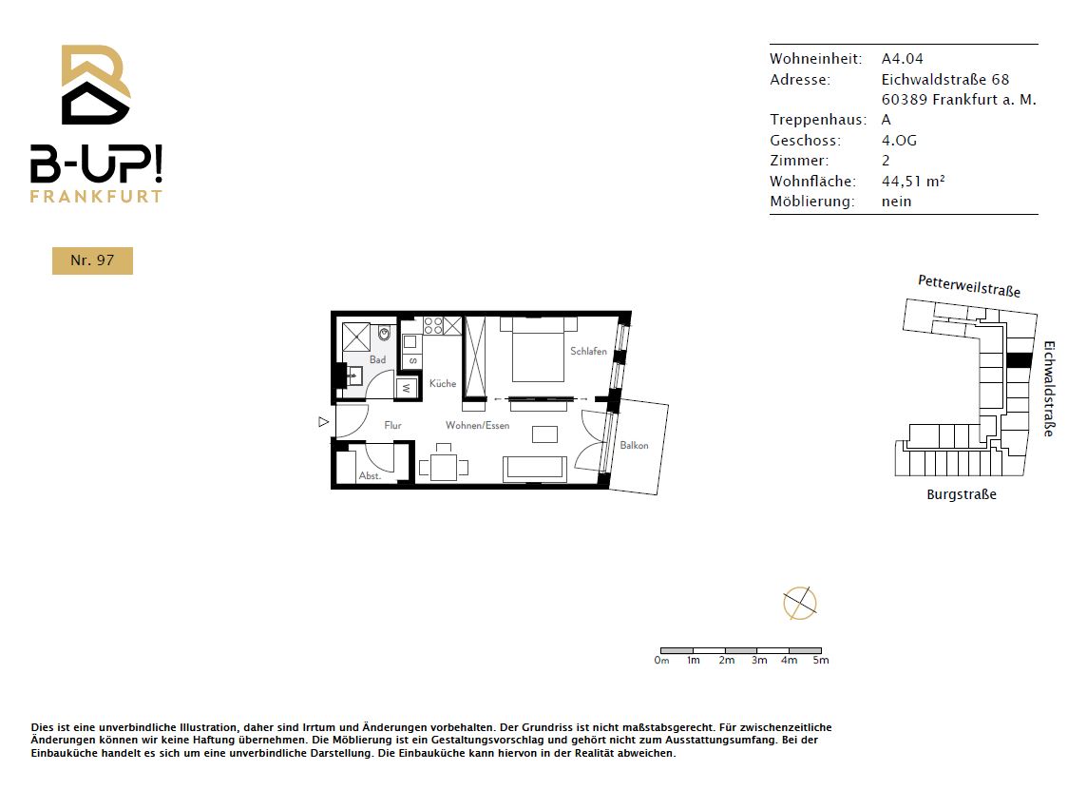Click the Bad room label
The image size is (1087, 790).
[378, 359]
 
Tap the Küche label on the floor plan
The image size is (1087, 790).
[443, 383]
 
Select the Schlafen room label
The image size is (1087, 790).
[588, 351]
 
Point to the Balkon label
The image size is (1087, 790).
[635, 445]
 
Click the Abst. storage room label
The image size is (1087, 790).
[370, 475]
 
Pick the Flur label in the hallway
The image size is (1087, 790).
[393, 425]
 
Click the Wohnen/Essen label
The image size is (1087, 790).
[478, 425]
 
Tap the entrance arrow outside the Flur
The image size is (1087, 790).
[324, 422]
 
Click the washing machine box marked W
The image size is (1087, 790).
[407, 389]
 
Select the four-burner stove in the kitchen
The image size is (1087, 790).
[433, 325]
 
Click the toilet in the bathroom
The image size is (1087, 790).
[384, 335]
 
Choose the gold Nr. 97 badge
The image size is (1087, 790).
[92, 260]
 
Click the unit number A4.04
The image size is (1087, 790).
[903, 58]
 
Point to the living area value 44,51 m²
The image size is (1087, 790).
[913, 181]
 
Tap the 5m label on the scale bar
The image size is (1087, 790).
[821, 661]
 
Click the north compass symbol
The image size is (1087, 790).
[800, 603]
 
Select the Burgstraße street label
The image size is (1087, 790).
[962, 494]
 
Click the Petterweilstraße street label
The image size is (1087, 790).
[969, 286]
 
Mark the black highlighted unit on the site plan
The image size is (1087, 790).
[1019, 360]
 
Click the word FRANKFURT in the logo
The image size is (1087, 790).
[96, 196]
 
